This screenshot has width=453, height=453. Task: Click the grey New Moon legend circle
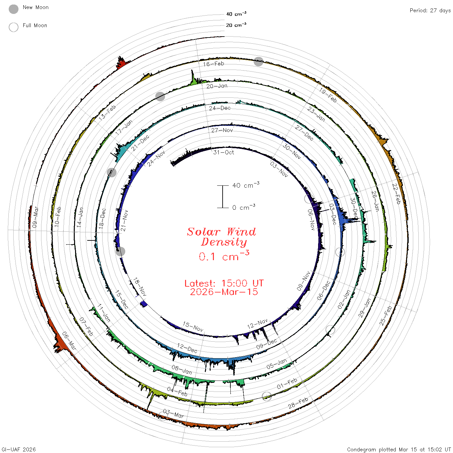(x=13, y=9)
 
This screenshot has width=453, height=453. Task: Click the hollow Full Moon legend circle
(x=13, y=27)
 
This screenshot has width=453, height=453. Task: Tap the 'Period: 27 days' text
(x=430, y=11)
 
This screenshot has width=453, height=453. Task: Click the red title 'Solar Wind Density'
(x=221, y=237)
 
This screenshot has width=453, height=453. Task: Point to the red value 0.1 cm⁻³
(x=224, y=256)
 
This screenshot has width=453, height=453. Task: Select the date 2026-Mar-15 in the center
(x=224, y=292)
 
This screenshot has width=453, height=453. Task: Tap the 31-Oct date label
(x=224, y=152)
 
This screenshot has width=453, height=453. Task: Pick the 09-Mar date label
(x=35, y=217)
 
